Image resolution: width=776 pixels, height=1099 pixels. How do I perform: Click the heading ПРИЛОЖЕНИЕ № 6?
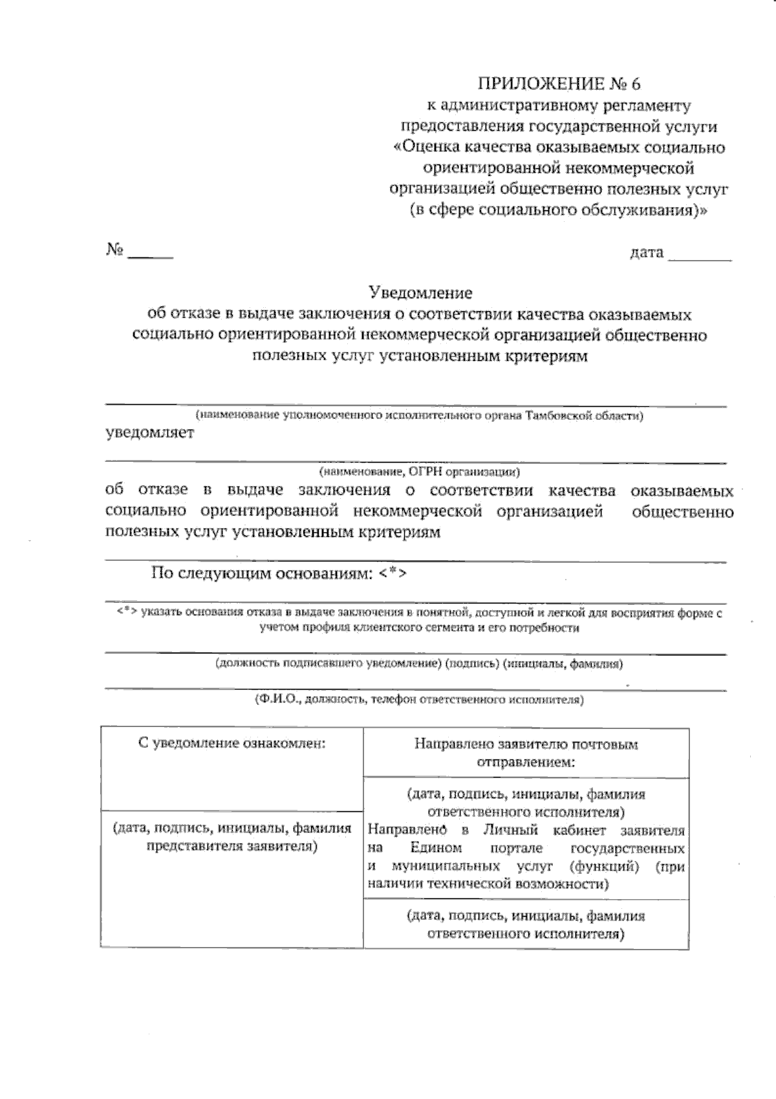[559, 84]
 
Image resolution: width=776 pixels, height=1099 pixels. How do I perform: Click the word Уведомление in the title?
[420, 293]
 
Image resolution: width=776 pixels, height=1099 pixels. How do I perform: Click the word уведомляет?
[149, 433]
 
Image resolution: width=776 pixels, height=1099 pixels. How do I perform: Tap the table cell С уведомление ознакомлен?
[232, 743]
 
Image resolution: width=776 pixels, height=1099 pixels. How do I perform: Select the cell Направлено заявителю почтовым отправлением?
[526, 752]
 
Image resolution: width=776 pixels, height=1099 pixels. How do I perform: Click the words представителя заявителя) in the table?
[232, 845]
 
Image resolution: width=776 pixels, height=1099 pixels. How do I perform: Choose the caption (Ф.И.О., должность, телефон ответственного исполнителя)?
[419, 699]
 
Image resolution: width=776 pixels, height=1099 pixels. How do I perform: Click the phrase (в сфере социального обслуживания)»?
[559, 210]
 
